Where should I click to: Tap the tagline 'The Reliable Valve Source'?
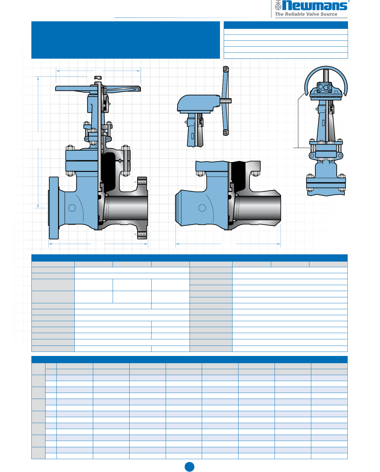click(306, 14)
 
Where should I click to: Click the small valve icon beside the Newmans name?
click(278, 5)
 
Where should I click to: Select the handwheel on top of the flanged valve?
click(98, 88)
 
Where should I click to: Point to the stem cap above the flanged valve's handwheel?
click(98, 78)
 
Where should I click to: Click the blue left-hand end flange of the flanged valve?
click(54, 208)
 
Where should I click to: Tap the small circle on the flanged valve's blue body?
click(72, 208)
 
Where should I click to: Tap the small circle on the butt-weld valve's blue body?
click(202, 208)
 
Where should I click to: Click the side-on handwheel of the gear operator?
click(226, 101)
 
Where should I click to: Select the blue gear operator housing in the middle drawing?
click(198, 103)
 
